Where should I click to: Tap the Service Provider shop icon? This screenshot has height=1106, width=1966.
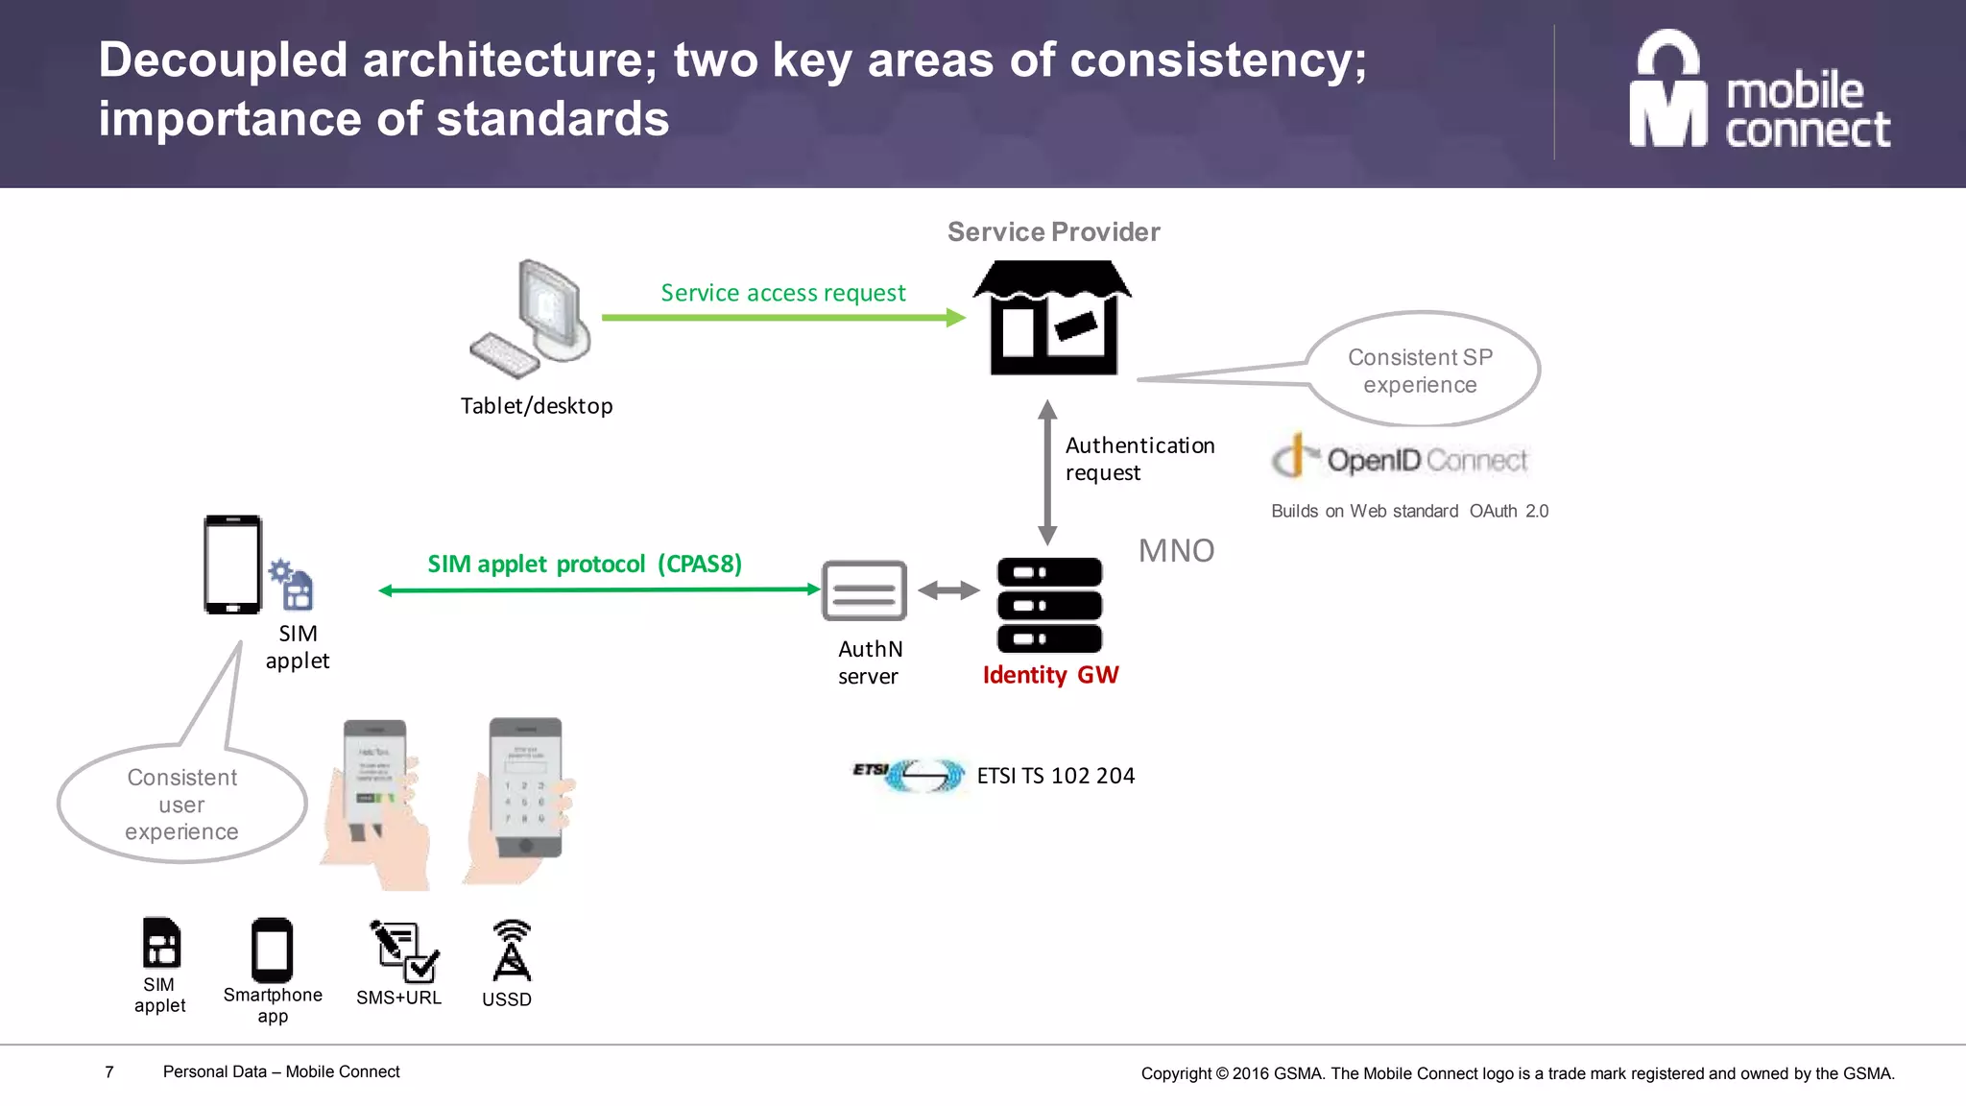tap(1053, 318)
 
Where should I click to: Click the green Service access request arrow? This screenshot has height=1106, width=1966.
tap(781, 317)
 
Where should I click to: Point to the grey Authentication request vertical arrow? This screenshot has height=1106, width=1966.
tap(1047, 472)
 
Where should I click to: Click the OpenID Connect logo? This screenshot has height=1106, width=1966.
tap(1400, 459)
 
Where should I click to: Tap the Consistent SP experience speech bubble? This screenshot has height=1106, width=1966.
tap(1421, 371)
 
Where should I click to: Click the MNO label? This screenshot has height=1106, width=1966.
tap(1176, 551)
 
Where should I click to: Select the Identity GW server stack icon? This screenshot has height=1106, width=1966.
tap(1049, 605)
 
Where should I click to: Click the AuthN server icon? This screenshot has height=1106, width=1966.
tap(864, 590)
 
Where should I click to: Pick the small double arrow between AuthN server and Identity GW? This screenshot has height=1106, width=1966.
tap(948, 590)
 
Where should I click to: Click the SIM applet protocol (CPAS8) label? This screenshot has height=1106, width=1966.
tap(585, 564)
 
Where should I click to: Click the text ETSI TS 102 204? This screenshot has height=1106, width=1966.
tap(1055, 776)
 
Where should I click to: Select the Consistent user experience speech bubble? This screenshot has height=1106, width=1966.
tap(181, 805)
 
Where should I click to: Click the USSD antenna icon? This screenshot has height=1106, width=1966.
tap(511, 950)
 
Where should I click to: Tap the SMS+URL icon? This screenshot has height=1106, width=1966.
tap(403, 950)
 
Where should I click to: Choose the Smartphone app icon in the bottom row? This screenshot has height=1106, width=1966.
tap(272, 950)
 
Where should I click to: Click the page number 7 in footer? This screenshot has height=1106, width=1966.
tap(109, 1071)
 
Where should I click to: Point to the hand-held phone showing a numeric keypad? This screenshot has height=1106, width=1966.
tap(523, 797)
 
